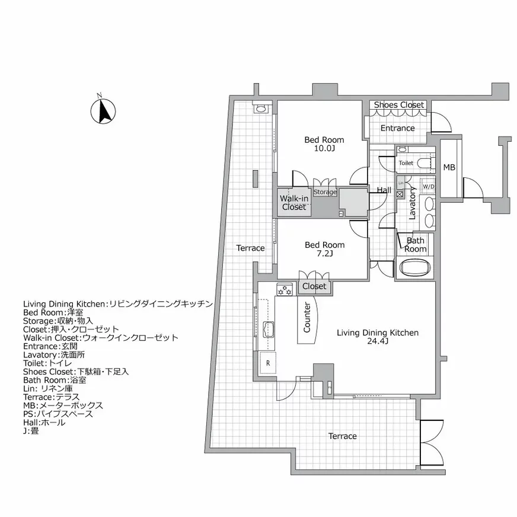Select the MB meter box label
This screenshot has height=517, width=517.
coord(449,168)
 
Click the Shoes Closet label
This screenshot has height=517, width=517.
coord(398,105)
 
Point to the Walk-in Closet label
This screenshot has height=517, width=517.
coord(293,203)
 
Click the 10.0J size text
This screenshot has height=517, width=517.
coord(324,149)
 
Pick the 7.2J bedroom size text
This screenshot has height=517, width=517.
coord(324,254)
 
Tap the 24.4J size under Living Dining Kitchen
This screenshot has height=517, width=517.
coord(378,342)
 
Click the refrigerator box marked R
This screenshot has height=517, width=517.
coord(268,362)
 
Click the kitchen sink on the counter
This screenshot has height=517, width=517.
coord(269,330)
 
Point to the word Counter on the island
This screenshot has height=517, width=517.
coord(307,318)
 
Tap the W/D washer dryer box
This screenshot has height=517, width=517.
coord(427,187)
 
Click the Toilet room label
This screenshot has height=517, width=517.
coord(406,163)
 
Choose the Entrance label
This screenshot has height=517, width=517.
coord(397,128)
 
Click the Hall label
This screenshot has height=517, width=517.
coord(384,190)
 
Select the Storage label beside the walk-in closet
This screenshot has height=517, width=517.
coord(325,192)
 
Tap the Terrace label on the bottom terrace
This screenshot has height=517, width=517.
coord(343,436)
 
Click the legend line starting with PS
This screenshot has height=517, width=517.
coord(53,414)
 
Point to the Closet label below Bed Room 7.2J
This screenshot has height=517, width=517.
coord(314,286)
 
